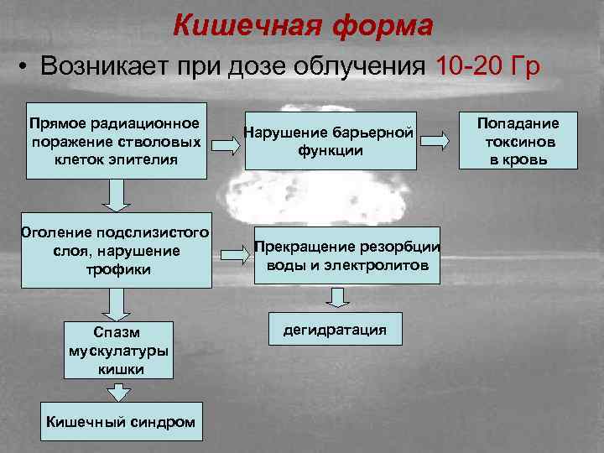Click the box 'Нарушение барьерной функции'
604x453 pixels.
click(329, 141)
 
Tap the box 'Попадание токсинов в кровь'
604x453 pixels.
click(518, 141)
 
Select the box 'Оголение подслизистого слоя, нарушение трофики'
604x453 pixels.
click(117, 251)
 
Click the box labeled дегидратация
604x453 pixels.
click(335, 329)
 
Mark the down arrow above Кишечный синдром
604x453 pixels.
click(119, 393)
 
